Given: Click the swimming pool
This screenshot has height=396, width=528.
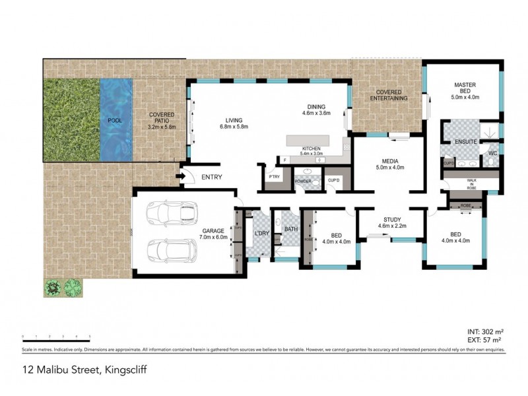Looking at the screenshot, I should click(115, 121).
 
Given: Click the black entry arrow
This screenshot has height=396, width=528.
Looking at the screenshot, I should click(180, 176).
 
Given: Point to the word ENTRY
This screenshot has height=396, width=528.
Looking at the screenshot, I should click(212, 177).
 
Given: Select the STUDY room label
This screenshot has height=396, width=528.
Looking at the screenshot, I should click(393, 222).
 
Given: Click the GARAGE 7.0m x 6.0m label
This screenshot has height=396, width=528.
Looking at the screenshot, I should click(214, 234).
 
